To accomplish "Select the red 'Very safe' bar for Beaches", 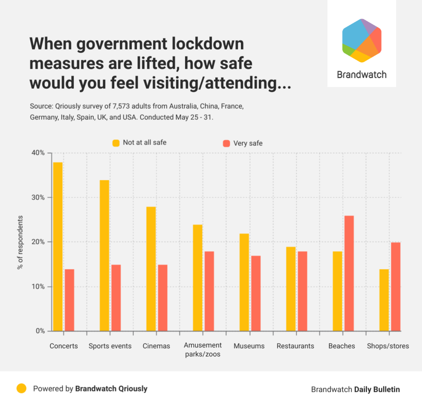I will tap(349, 273).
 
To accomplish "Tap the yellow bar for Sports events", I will tap(104, 255).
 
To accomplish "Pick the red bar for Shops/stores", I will tap(396, 286).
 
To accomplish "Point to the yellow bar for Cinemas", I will tap(151, 269).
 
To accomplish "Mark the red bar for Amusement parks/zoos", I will tap(209, 291).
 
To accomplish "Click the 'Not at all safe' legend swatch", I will tap(116, 143).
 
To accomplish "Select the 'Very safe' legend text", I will tap(248, 143).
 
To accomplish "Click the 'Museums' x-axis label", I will tap(249, 346).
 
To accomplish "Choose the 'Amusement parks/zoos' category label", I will tap(203, 350).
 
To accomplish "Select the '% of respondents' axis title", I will tap(20, 242).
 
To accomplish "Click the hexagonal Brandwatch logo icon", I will tap(361, 41).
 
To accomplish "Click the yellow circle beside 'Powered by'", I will tap(21, 388).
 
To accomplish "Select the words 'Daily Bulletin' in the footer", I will tap(377, 389).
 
